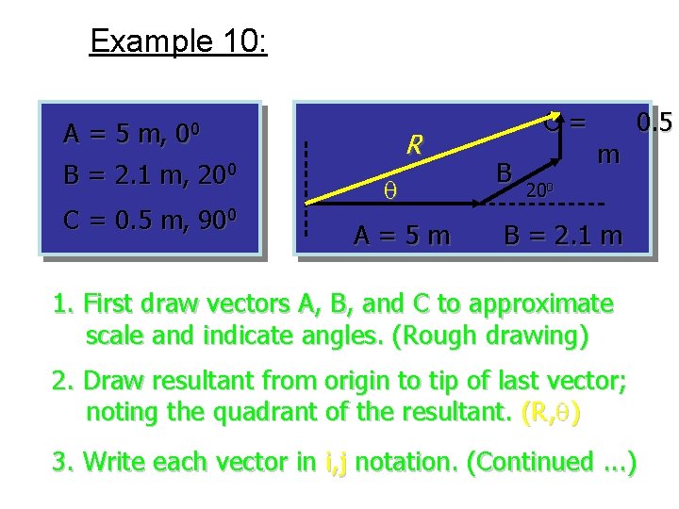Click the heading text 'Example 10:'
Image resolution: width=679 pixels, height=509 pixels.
tap(178, 41)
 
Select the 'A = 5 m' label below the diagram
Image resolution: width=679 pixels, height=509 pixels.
tap(402, 235)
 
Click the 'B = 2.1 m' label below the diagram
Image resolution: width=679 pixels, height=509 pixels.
tap(563, 235)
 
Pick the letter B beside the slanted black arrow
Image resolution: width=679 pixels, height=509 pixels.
tap(505, 172)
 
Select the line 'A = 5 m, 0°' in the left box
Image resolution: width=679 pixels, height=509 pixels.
tap(141, 135)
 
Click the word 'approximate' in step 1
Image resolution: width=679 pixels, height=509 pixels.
tap(539, 304)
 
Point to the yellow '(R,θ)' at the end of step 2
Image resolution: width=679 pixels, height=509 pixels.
tap(551, 412)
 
